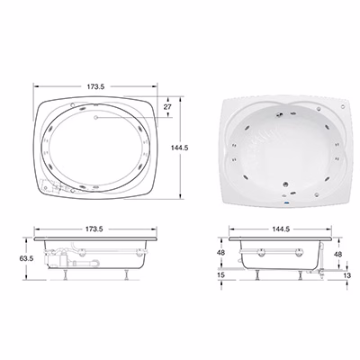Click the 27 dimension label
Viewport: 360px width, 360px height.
(167, 107)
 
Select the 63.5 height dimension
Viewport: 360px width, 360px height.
(26, 258)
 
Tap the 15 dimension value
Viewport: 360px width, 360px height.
(221, 274)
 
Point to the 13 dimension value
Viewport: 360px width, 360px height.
(346, 275)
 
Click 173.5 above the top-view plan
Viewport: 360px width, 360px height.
(95, 86)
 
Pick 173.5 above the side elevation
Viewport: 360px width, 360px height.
(94, 229)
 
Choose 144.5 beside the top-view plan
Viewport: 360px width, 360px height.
(179, 148)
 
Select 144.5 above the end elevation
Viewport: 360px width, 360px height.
(281, 229)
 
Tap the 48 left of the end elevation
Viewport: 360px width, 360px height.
(220, 253)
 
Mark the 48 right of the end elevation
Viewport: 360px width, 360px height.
(337, 254)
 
